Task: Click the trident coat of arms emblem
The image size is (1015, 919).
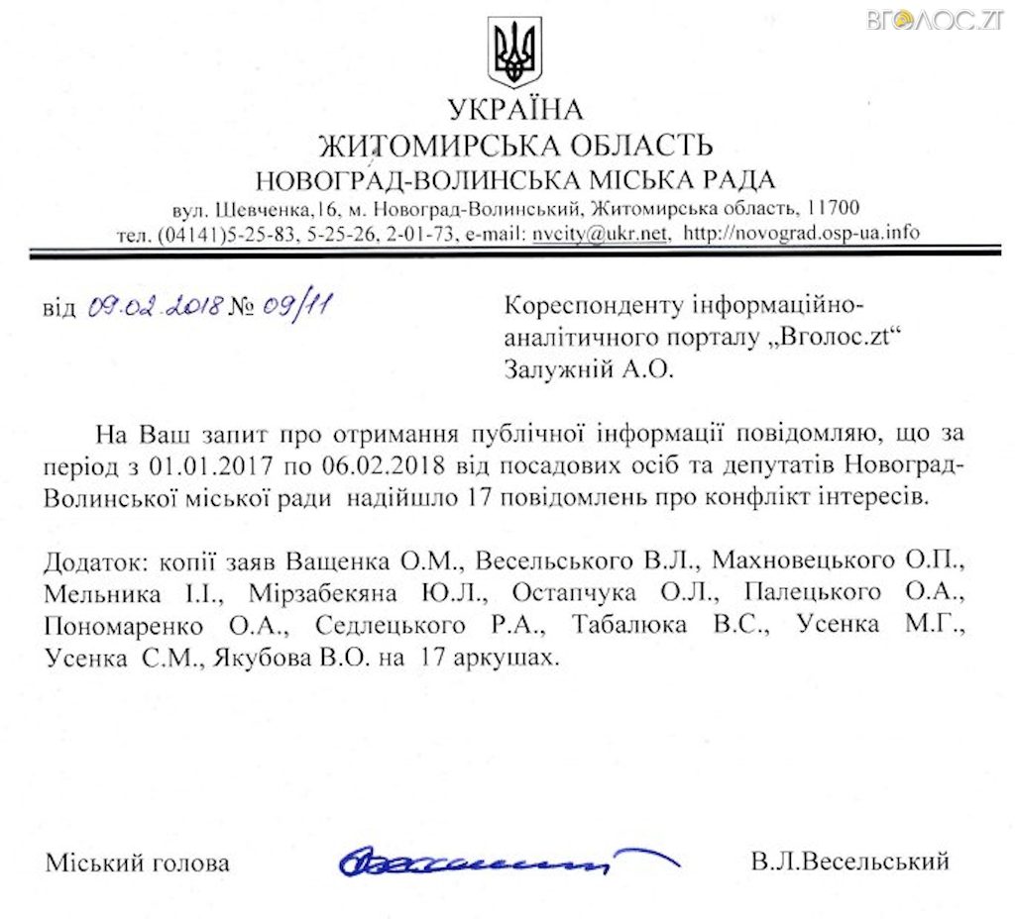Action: (x=514, y=51)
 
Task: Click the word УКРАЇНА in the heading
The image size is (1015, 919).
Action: (x=514, y=109)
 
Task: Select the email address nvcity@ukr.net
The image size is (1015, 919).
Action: (x=600, y=235)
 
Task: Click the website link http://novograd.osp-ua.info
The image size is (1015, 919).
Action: (x=803, y=235)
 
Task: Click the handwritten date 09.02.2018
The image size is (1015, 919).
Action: (x=153, y=307)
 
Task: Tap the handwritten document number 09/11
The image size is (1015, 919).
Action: (x=296, y=306)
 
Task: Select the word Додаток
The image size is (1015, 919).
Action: (x=91, y=562)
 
